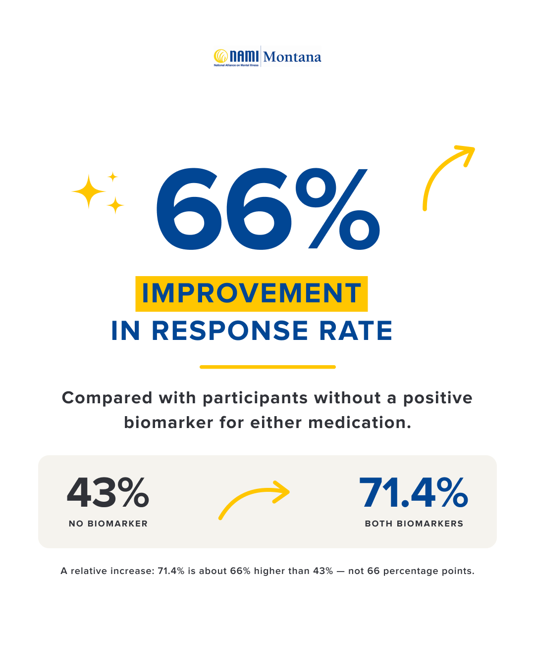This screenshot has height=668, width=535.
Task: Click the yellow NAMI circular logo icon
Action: click(221, 56)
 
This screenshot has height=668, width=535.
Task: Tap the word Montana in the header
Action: click(292, 57)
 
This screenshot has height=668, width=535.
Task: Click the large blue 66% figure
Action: click(268, 209)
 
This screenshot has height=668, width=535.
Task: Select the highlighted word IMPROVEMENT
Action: click(251, 293)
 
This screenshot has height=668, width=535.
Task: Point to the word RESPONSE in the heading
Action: click(230, 331)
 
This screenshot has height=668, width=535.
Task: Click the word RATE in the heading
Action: click(356, 331)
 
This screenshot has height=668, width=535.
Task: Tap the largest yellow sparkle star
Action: click(89, 191)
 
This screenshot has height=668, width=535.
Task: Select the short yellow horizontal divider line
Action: click(267, 367)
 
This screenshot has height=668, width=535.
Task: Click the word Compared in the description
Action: click(107, 398)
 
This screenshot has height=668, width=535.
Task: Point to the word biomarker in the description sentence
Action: click(168, 423)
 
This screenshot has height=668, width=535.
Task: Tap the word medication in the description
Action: click(360, 423)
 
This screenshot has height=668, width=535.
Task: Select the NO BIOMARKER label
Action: click(108, 524)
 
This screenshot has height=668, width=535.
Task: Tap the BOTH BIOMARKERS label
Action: click(414, 524)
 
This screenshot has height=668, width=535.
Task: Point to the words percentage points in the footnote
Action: click(428, 571)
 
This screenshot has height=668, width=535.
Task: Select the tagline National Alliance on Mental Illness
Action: click(236, 65)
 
